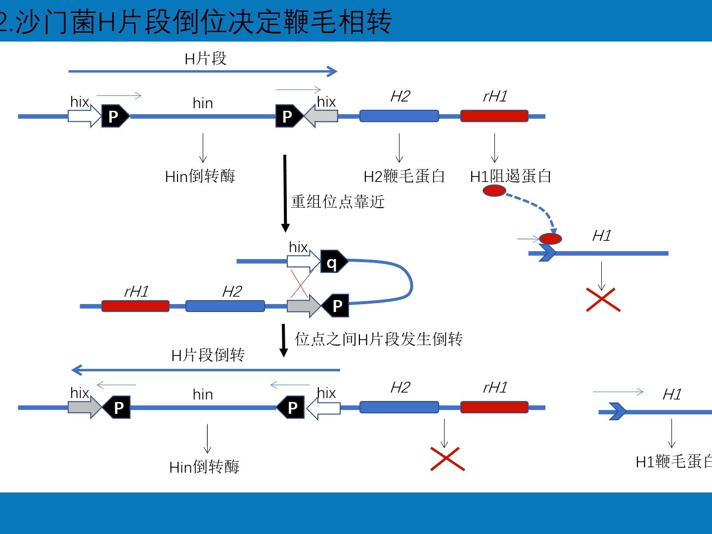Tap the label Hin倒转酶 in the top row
[x=200, y=176]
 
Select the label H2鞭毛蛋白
[x=404, y=176]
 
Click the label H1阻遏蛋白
[x=510, y=176]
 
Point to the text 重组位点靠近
[x=338, y=202]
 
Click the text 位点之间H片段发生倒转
[x=379, y=339]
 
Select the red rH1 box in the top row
[x=494, y=116]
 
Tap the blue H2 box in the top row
[x=399, y=116]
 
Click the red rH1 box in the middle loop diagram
[x=135, y=306]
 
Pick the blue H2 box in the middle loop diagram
[x=225, y=306]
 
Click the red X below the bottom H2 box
[x=447, y=459]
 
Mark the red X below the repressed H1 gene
[x=603, y=300]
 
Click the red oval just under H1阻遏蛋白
[x=494, y=191]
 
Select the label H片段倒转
[x=208, y=355]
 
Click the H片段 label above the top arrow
[x=205, y=59]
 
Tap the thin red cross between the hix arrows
[x=301, y=284]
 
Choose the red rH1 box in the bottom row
[x=494, y=407]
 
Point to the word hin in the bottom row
[x=203, y=395]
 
